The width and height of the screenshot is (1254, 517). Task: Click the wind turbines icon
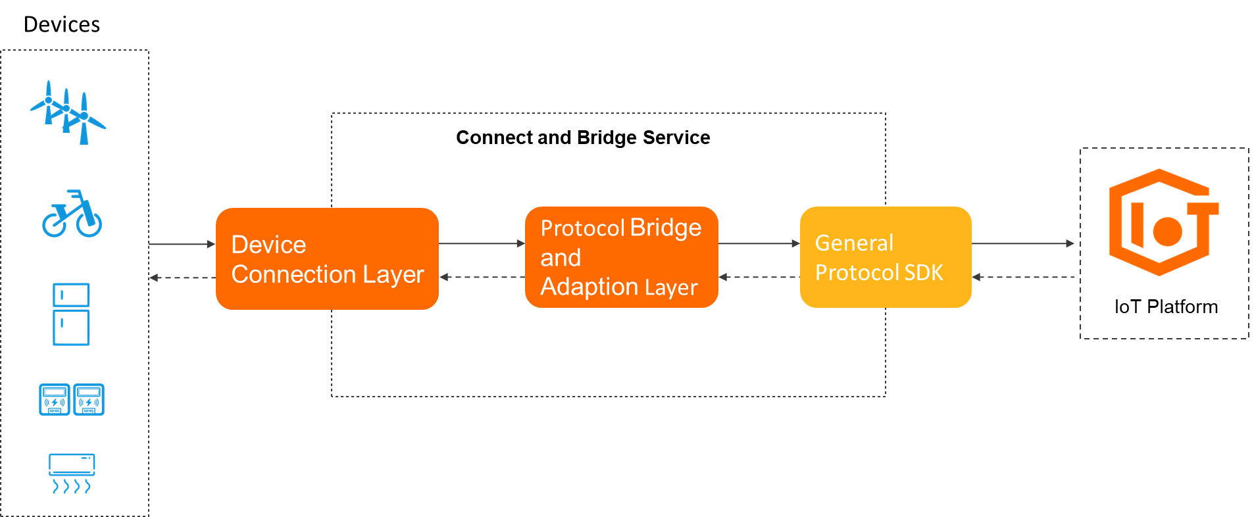pos(68,112)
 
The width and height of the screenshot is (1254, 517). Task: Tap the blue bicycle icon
pos(72,214)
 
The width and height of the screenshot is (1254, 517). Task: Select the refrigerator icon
pos(71,314)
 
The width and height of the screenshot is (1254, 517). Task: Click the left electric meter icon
pos(55,399)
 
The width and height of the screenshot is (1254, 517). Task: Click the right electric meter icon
pos(89,399)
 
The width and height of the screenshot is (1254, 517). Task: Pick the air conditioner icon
pos(72,472)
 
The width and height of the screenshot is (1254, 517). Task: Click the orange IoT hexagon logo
pos(1162,222)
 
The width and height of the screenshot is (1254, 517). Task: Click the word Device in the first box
pos(268,245)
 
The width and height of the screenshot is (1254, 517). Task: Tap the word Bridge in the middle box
pos(665,228)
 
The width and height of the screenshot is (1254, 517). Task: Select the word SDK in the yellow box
pos(924,272)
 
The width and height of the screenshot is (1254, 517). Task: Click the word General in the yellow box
pos(854,243)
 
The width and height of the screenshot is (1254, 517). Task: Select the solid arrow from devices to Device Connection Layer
pos(182,244)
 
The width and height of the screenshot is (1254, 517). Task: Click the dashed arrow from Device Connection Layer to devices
pos(182,278)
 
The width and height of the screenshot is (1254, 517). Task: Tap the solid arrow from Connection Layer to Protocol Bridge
pos(481,243)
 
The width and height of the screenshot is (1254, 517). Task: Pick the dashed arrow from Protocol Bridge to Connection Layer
pos(481,277)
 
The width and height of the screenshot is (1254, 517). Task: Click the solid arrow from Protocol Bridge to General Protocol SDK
pos(758,243)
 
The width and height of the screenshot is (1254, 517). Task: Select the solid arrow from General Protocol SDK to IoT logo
pos(1022,243)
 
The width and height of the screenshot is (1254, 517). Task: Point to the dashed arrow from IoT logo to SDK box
pos(1022,277)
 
